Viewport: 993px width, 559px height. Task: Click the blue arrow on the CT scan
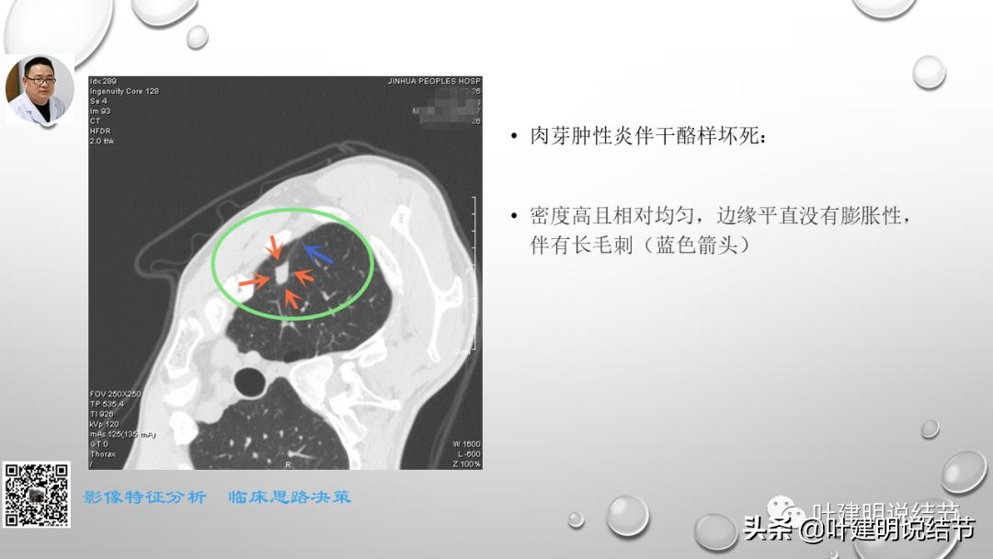[x=318, y=254]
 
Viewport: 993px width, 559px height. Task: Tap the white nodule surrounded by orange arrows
[x=281, y=274]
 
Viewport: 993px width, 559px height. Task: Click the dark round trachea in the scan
[x=251, y=378]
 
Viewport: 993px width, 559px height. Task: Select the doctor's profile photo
[x=40, y=89]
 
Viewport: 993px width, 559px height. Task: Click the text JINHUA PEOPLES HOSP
[x=434, y=82]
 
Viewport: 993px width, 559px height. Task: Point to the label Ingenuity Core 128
[x=124, y=91]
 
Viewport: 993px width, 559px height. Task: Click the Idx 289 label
[x=103, y=82]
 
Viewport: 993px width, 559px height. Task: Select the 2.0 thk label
[x=101, y=141]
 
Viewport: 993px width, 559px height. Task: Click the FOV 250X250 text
[x=115, y=394]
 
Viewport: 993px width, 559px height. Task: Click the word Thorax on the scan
[x=103, y=454]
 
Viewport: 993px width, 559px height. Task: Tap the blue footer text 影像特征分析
[x=145, y=497]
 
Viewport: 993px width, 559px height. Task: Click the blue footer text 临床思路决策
[x=290, y=497]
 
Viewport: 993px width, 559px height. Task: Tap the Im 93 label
[x=100, y=111]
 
